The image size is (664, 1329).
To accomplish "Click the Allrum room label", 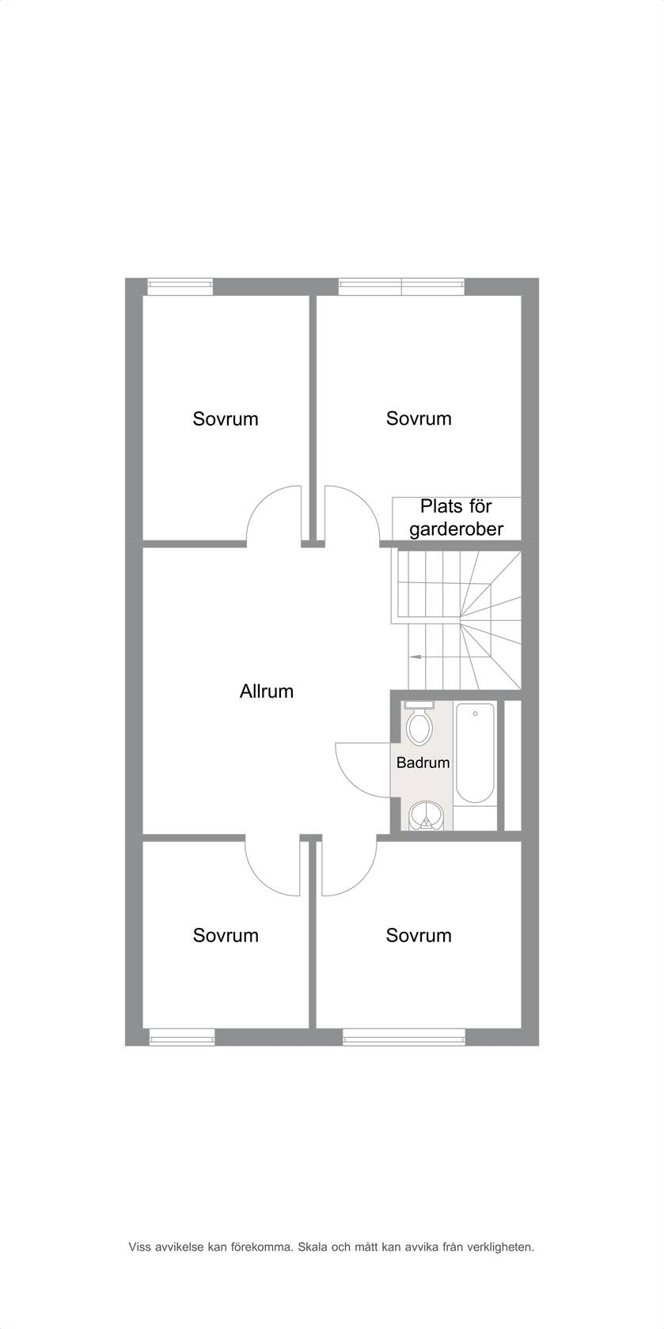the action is click(x=267, y=691).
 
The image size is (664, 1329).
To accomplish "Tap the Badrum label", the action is click(x=423, y=763).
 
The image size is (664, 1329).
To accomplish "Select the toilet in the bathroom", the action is click(x=419, y=723).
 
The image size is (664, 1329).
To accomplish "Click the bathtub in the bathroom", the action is click(x=475, y=753).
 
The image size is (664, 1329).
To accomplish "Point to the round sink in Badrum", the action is click(x=426, y=815).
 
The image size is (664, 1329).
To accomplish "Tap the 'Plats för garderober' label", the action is click(x=457, y=518).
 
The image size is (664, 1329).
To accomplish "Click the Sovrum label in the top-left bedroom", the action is click(x=226, y=419).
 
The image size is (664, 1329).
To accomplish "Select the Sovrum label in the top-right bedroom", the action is click(x=419, y=418).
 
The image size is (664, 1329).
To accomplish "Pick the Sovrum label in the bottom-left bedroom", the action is click(x=226, y=936).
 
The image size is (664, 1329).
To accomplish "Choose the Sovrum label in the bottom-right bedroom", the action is click(x=419, y=936).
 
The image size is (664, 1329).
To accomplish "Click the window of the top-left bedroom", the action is click(x=180, y=286).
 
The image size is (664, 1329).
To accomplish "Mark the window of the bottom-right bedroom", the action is click(x=404, y=1036).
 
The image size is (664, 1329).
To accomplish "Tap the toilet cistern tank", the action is click(x=419, y=705).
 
